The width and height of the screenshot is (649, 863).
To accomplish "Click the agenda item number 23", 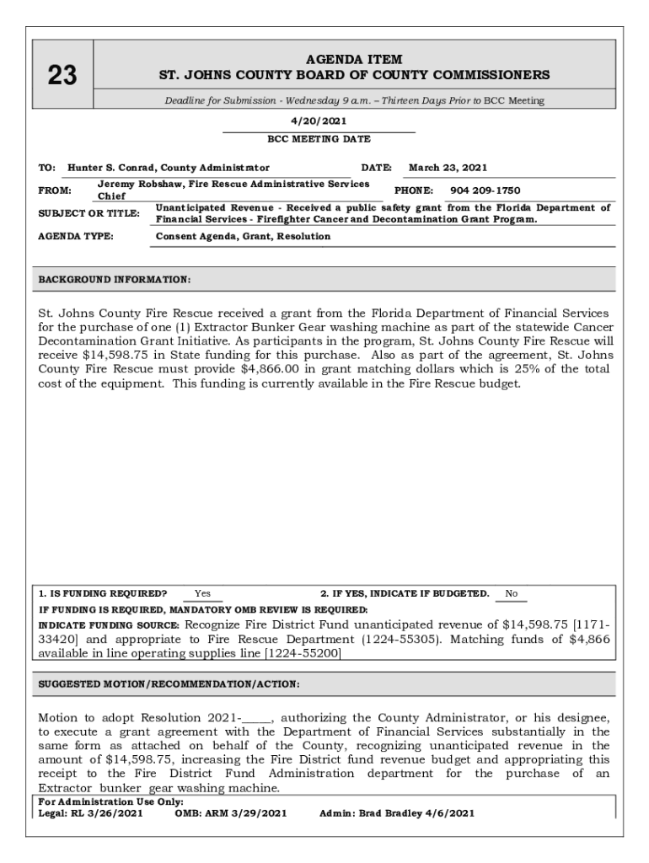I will (62, 77).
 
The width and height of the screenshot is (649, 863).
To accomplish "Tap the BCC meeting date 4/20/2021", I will (319, 121).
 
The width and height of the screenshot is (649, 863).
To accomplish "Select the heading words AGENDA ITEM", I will (354, 59).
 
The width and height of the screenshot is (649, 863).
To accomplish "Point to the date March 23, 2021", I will (448, 168).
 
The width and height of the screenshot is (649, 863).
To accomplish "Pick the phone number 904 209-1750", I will (485, 190).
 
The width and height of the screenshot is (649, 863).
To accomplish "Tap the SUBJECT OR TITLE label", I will (89, 213).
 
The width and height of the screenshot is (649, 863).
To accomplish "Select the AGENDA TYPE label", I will (76, 237).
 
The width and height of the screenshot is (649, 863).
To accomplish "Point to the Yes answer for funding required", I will (202, 594).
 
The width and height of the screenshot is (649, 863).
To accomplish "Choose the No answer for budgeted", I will (511, 594).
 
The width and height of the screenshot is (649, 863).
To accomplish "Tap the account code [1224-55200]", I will (303, 652).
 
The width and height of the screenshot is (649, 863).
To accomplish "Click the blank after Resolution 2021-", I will (256, 718).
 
